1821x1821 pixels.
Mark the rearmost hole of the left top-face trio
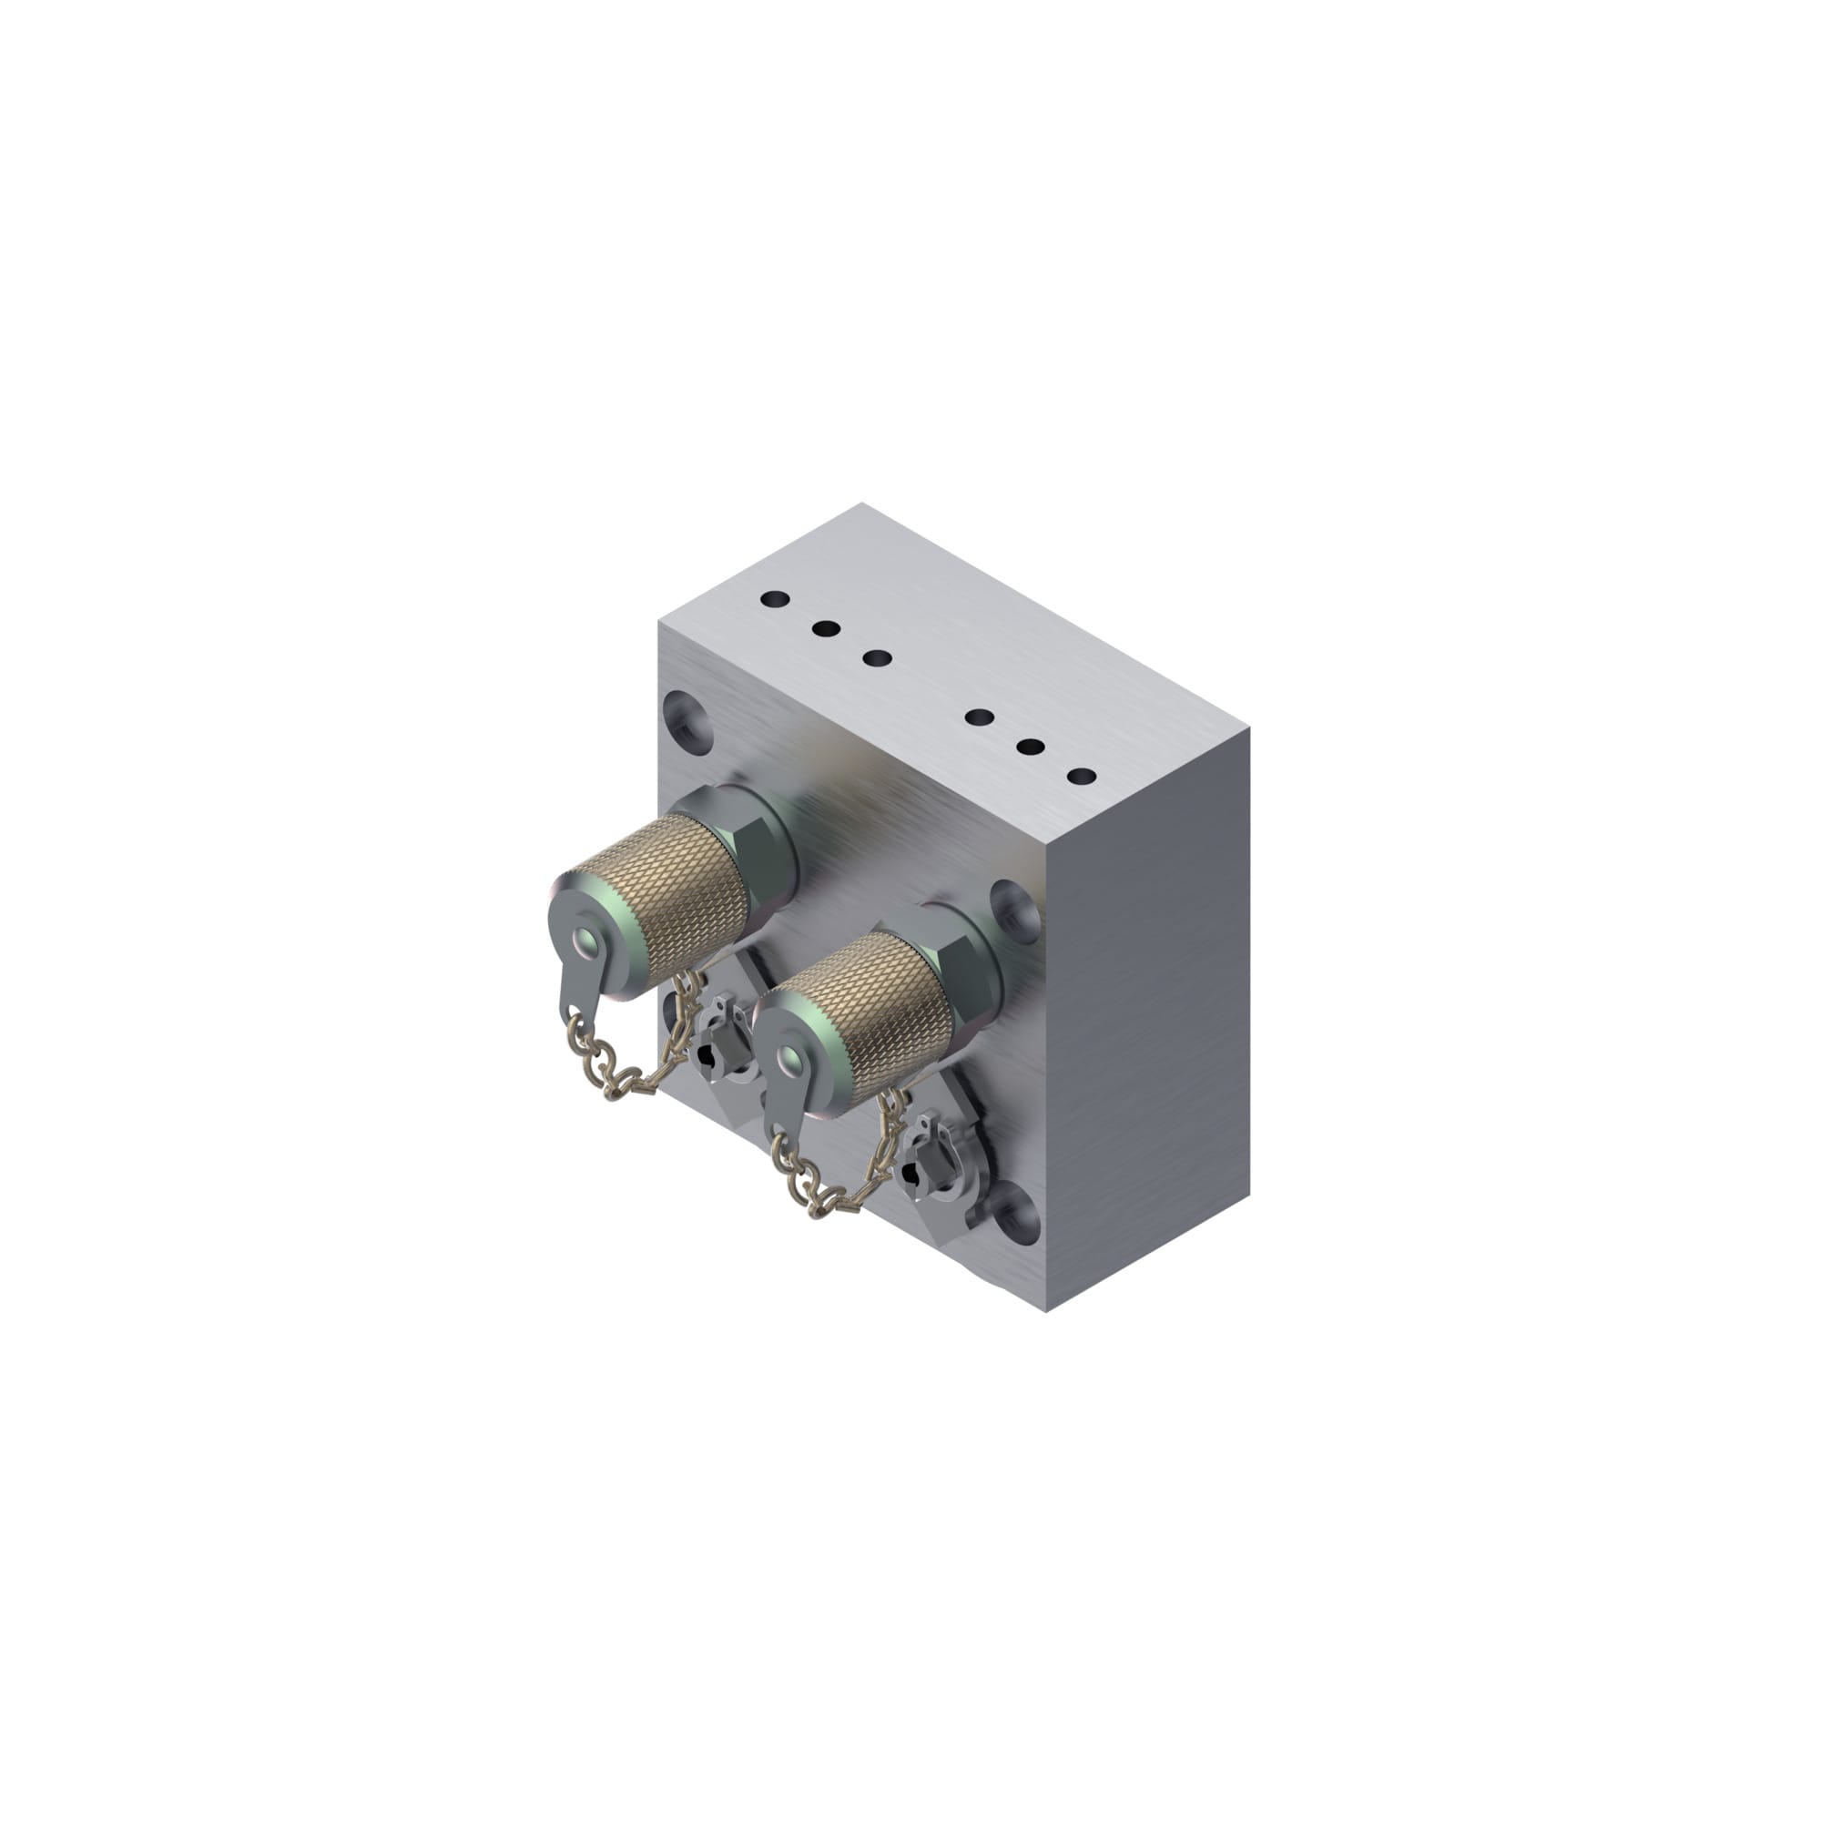(775, 598)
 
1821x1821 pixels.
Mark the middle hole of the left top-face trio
(826, 627)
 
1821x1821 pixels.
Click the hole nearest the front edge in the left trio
(877, 658)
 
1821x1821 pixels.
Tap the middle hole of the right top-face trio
(1032, 748)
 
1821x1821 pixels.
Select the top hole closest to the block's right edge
(1082, 778)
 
